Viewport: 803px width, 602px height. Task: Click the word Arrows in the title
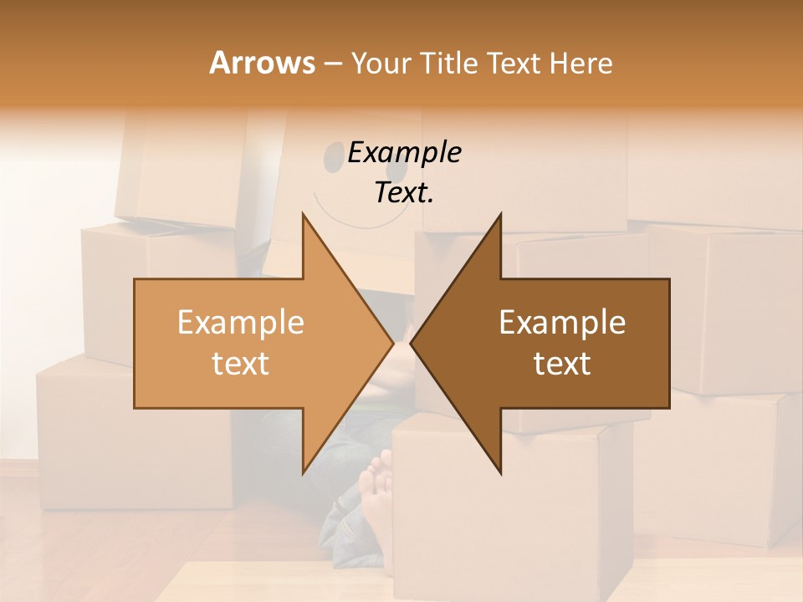click(x=262, y=63)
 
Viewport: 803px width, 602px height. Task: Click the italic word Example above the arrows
click(x=404, y=153)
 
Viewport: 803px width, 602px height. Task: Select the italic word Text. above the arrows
click(x=404, y=192)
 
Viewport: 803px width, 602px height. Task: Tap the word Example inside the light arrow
click(x=241, y=322)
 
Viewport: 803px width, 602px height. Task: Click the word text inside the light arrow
click(x=241, y=363)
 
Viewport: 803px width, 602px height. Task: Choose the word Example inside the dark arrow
click(x=562, y=322)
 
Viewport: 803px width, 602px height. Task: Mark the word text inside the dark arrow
click(x=562, y=363)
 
